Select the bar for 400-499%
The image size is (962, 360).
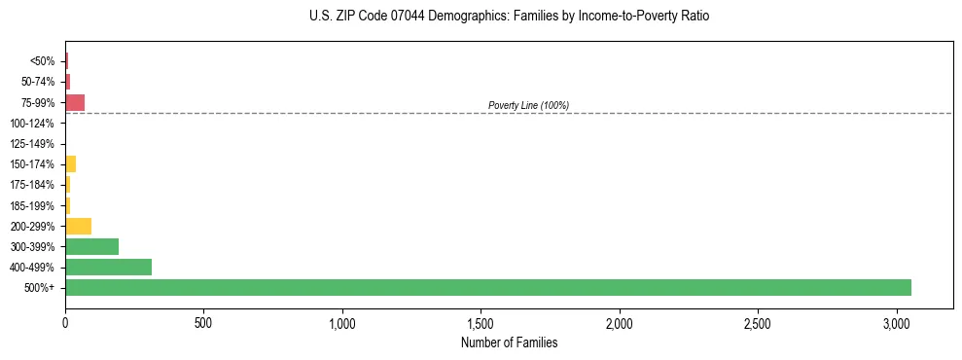coord(108,267)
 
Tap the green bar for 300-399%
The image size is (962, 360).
coord(91,246)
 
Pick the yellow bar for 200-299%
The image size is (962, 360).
coord(78,226)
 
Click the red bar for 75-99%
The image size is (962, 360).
coord(75,102)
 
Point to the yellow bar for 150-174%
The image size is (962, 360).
coord(70,163)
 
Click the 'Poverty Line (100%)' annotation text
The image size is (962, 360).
coord(528,105)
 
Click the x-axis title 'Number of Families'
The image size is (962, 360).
coord(509,342)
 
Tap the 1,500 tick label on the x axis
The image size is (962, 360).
coord(481,322)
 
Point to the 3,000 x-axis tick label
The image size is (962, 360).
coord(897,322)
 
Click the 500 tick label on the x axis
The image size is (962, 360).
coord(203,322)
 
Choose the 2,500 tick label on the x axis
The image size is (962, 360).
coord(759,322)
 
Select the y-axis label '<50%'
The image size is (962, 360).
coord(42,61)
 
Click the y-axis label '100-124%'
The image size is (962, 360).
coord(32,124)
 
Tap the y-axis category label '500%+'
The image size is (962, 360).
coord(40,288)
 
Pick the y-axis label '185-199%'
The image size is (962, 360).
coord(32,205)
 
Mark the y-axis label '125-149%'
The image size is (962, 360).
coord(32,144)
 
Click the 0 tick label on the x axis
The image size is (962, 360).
coord(65,322)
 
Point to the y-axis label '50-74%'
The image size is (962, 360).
coord(37,82)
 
